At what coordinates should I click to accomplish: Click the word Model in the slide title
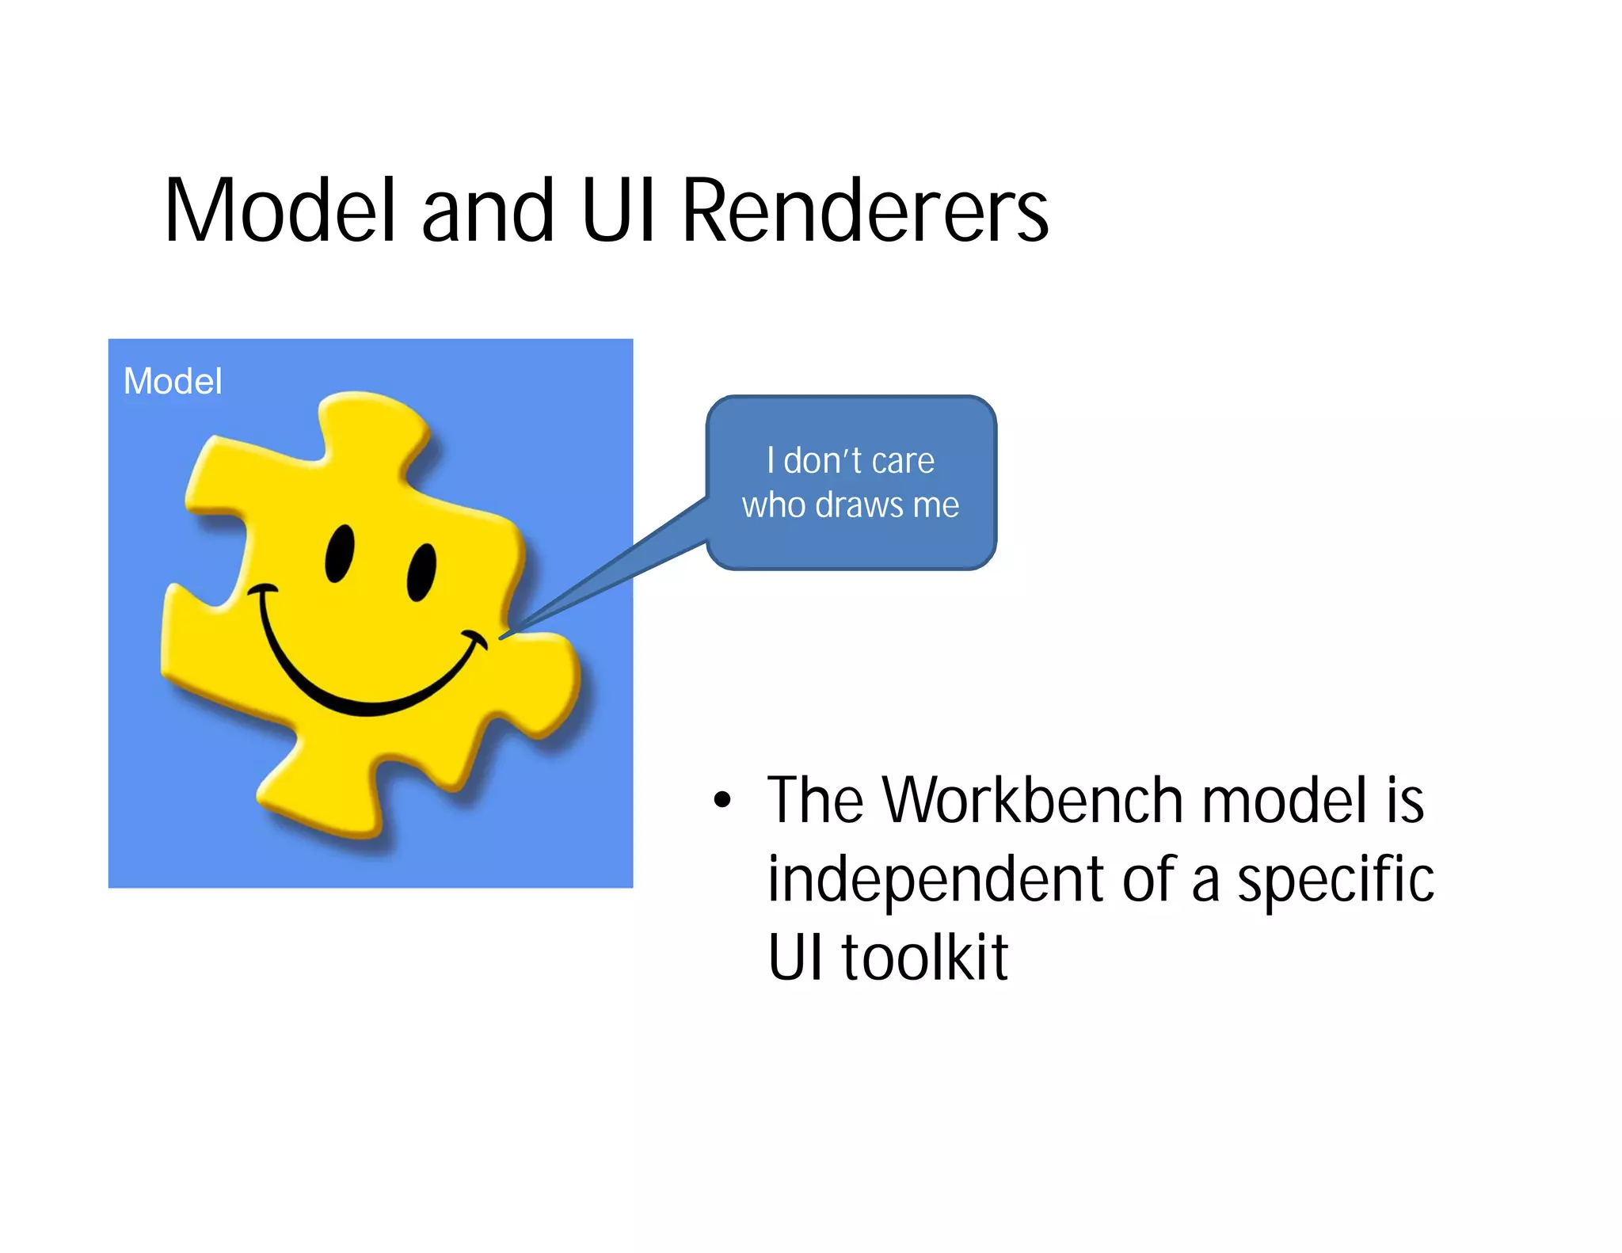(x=279, y=211)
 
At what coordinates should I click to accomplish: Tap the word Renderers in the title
(x=865, y=211)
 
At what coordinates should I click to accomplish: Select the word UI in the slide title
(x=619, y=211)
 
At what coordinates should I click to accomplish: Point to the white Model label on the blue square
(x=173, y=381)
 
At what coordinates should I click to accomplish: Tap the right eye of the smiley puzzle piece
(x=421, y=572)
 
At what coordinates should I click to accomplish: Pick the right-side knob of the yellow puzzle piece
(x=546, y=681)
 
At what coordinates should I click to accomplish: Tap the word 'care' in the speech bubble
(x=903, y=461)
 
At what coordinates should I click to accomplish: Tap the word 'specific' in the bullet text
(x=1335, y=879)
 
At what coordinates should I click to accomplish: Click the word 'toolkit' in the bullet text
(x=924, y=957)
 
